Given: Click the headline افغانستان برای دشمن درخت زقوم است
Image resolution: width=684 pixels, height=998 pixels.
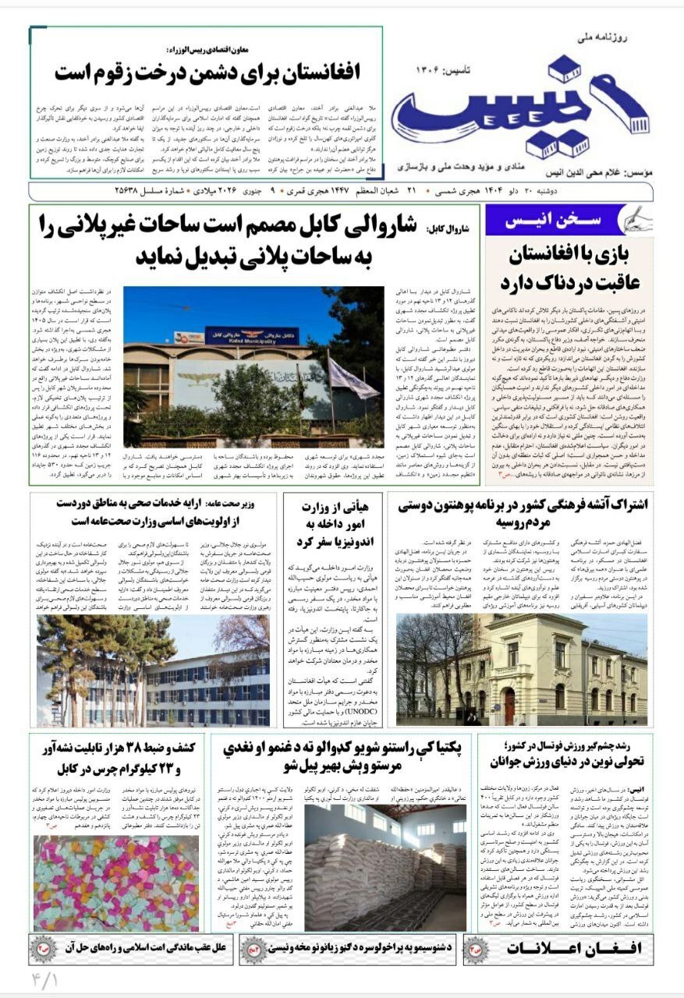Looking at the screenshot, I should point(208,74).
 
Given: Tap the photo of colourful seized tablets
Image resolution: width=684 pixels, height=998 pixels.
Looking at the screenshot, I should point(115,883).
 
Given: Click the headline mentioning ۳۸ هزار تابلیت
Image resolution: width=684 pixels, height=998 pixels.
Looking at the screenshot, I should point(117,758).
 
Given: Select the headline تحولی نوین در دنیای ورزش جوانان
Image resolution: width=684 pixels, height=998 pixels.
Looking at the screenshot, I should point(565,760).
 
